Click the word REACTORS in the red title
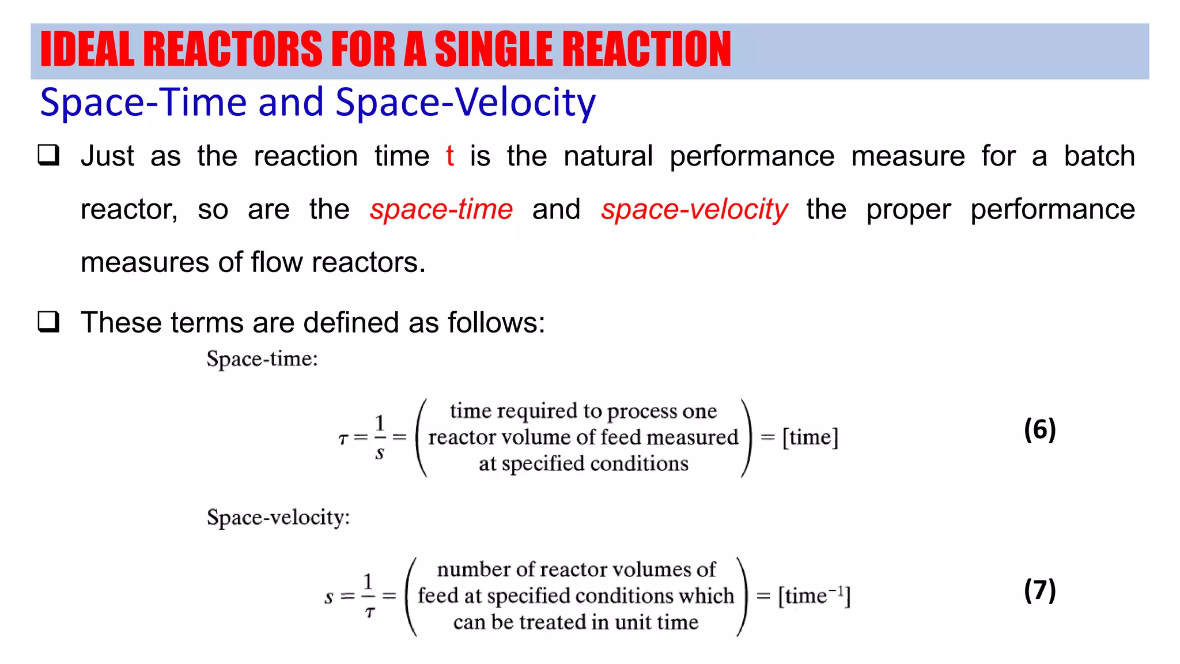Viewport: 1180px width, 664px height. pos(232,50)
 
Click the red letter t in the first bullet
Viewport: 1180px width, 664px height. pos(449,156)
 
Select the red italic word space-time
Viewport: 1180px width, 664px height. pos(441,209)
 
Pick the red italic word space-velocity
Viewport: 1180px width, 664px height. pos(694,209)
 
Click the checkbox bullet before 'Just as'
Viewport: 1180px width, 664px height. pos(49,155)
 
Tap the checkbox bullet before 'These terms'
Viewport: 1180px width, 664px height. pos(49,321)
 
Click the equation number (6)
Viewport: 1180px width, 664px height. pos(1039,429)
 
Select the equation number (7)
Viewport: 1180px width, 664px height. pos(1039,590)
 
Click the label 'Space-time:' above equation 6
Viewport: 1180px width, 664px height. pos(262,359)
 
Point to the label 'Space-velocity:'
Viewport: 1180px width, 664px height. pos(278,517)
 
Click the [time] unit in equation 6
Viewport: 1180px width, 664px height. pos(810,437)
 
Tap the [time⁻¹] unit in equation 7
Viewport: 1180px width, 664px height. pos(814,595)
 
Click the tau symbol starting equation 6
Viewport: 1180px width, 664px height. pos(343,439)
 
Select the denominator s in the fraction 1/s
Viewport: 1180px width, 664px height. pos(379,454)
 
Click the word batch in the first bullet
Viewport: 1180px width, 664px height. pos(1099,156)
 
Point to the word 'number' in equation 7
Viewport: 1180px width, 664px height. pos(474,569)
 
